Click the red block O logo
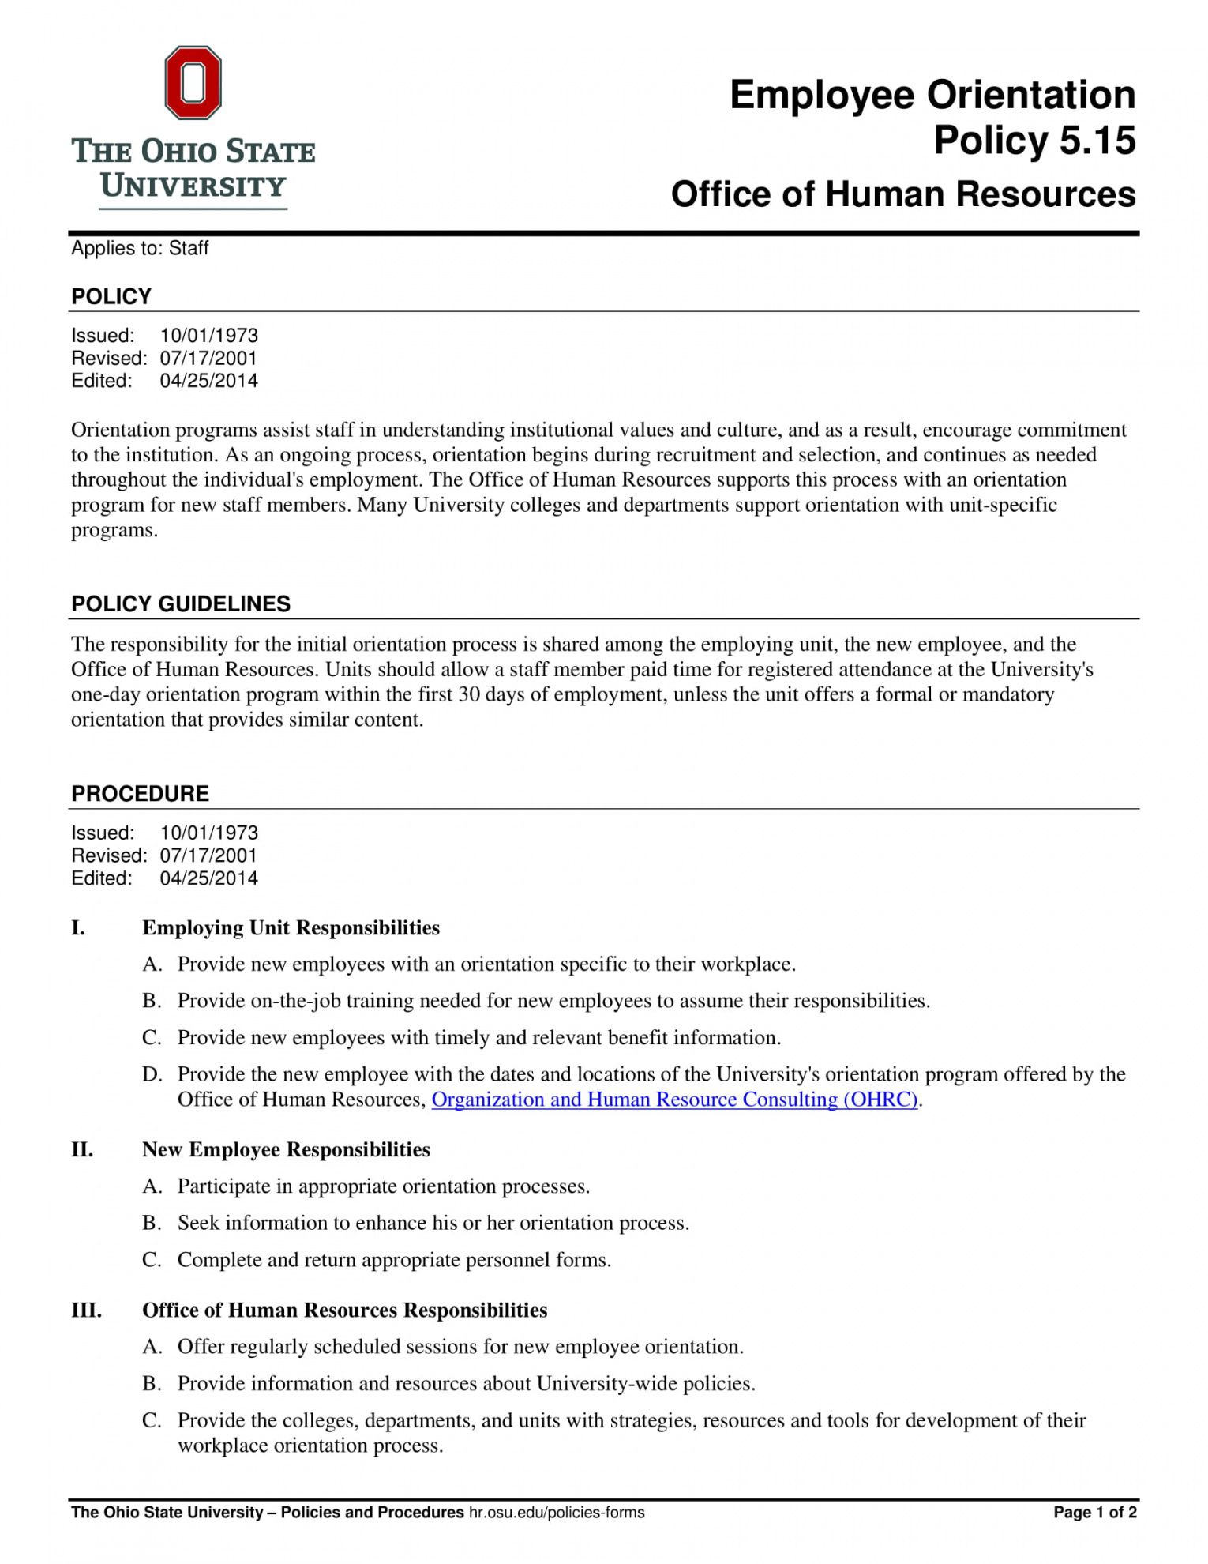click(193, 82)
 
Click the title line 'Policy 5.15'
click(1034, 141)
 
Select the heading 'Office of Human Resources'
click(903, 194)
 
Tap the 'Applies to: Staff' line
click(140, 248)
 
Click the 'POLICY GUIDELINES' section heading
click(181, 603)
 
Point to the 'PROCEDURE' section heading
click(140, 793)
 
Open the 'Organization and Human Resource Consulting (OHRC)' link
click(674, 1099)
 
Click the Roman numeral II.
click(82, 1149)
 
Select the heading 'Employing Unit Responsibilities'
click(291, 927)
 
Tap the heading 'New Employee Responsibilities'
click(286, 1149)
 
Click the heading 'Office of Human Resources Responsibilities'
click(344, 1310)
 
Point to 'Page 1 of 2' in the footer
click(1095, 1512)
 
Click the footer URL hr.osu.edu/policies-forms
click(557, 1512)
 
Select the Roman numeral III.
click(86, 1310)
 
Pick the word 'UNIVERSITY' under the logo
click(193, 186)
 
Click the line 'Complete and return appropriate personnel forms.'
click(394, 1259)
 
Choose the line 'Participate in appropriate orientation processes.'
click(384, 1186)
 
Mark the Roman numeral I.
click(78, 927)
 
